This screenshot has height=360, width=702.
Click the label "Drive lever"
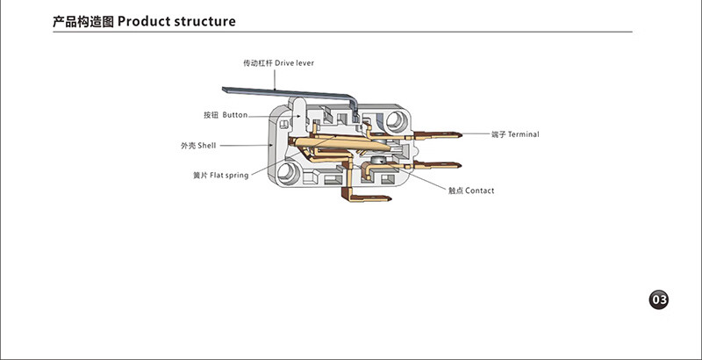[294, 64]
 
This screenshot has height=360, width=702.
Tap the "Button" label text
[235, 115]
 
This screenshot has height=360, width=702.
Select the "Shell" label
[206, 145]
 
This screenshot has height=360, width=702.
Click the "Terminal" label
[524, 134]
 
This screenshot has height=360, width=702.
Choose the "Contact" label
[479, 191]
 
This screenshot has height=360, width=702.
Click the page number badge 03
[659, 300]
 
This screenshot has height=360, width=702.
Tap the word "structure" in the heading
[201, 21]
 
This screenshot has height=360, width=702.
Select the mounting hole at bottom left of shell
[285, 172]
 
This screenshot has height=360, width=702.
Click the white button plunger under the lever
[298, 109]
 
